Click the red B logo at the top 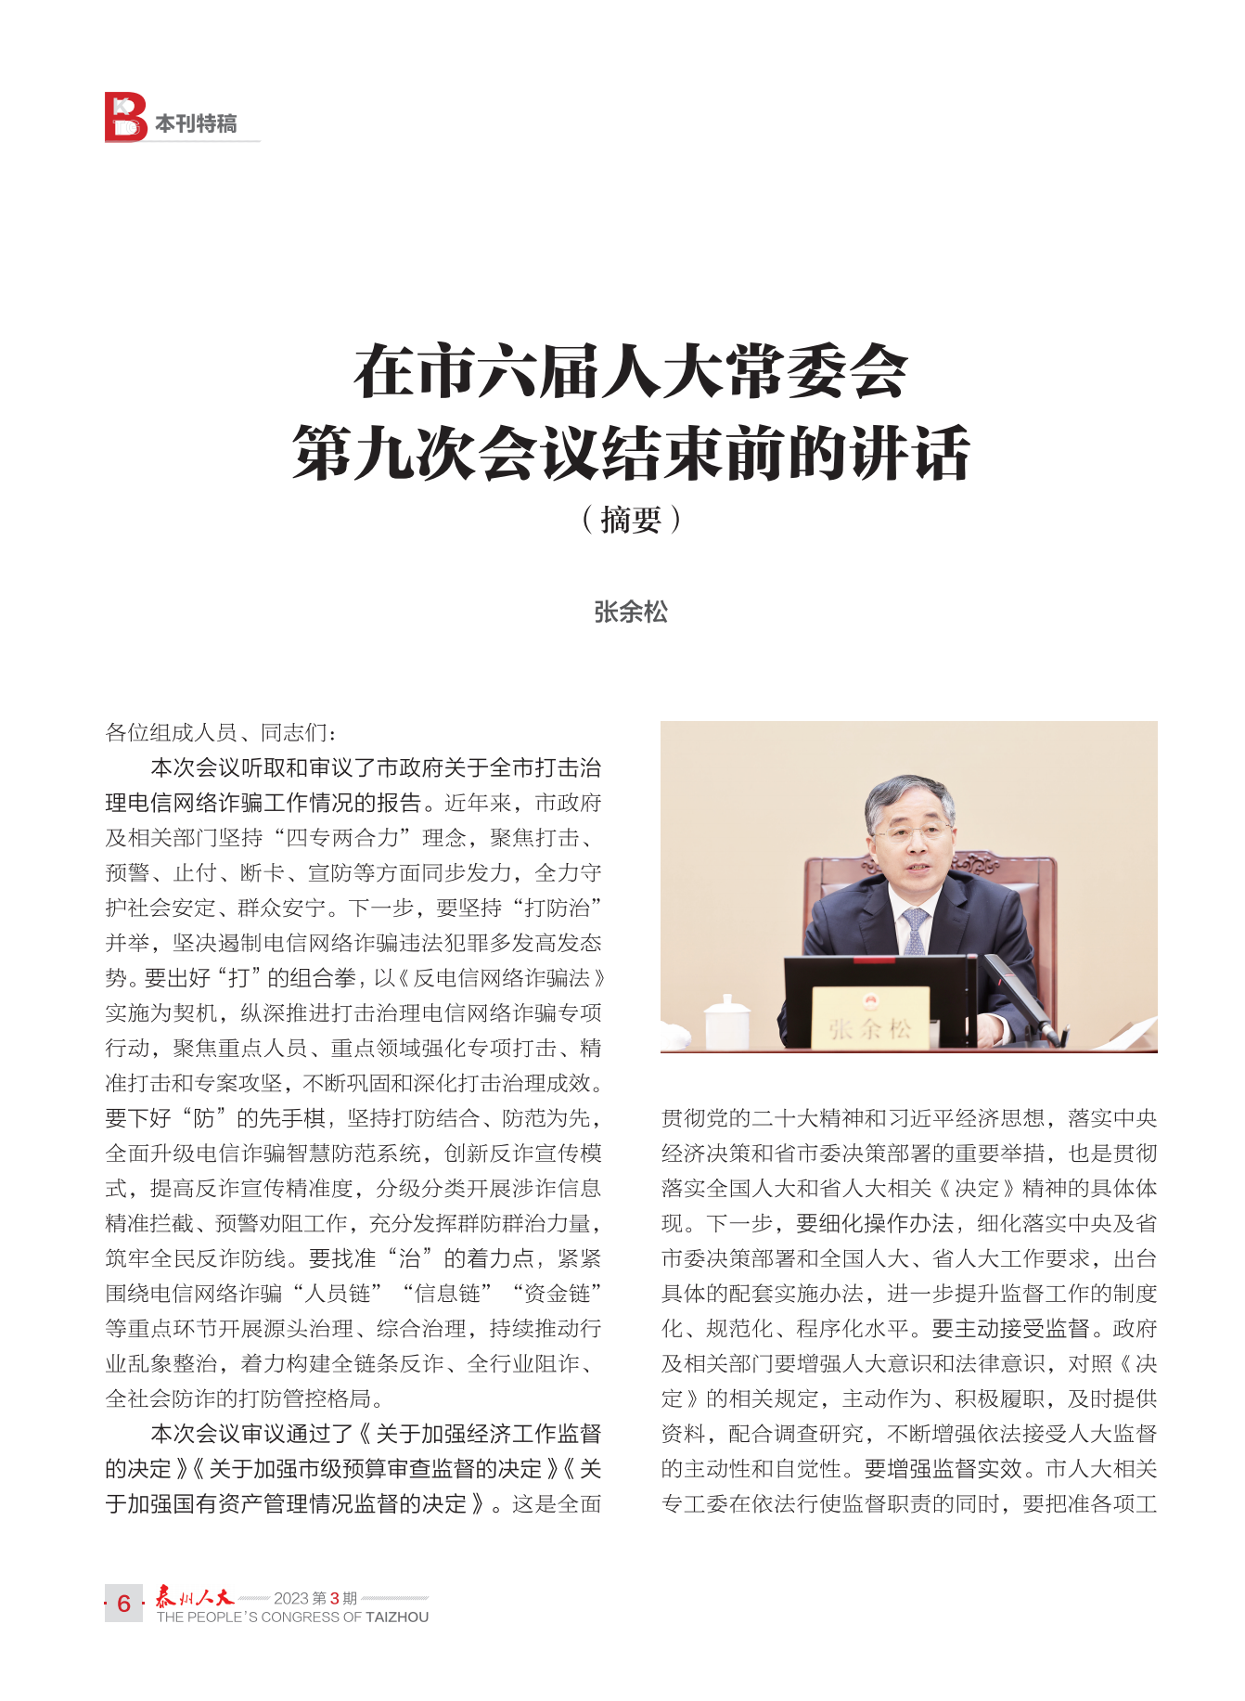point(125,117)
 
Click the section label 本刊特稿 point(196,123)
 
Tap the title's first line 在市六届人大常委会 point(630,371)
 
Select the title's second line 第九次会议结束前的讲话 point(630,453)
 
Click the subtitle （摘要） point(631,520)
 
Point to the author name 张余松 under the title point(631,612)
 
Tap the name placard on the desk point(870,1019)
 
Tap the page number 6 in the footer point(123,1604)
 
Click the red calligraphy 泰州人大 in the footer point(195,1596)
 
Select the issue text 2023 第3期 point(314,1598)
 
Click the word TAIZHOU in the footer point(397,1617)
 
